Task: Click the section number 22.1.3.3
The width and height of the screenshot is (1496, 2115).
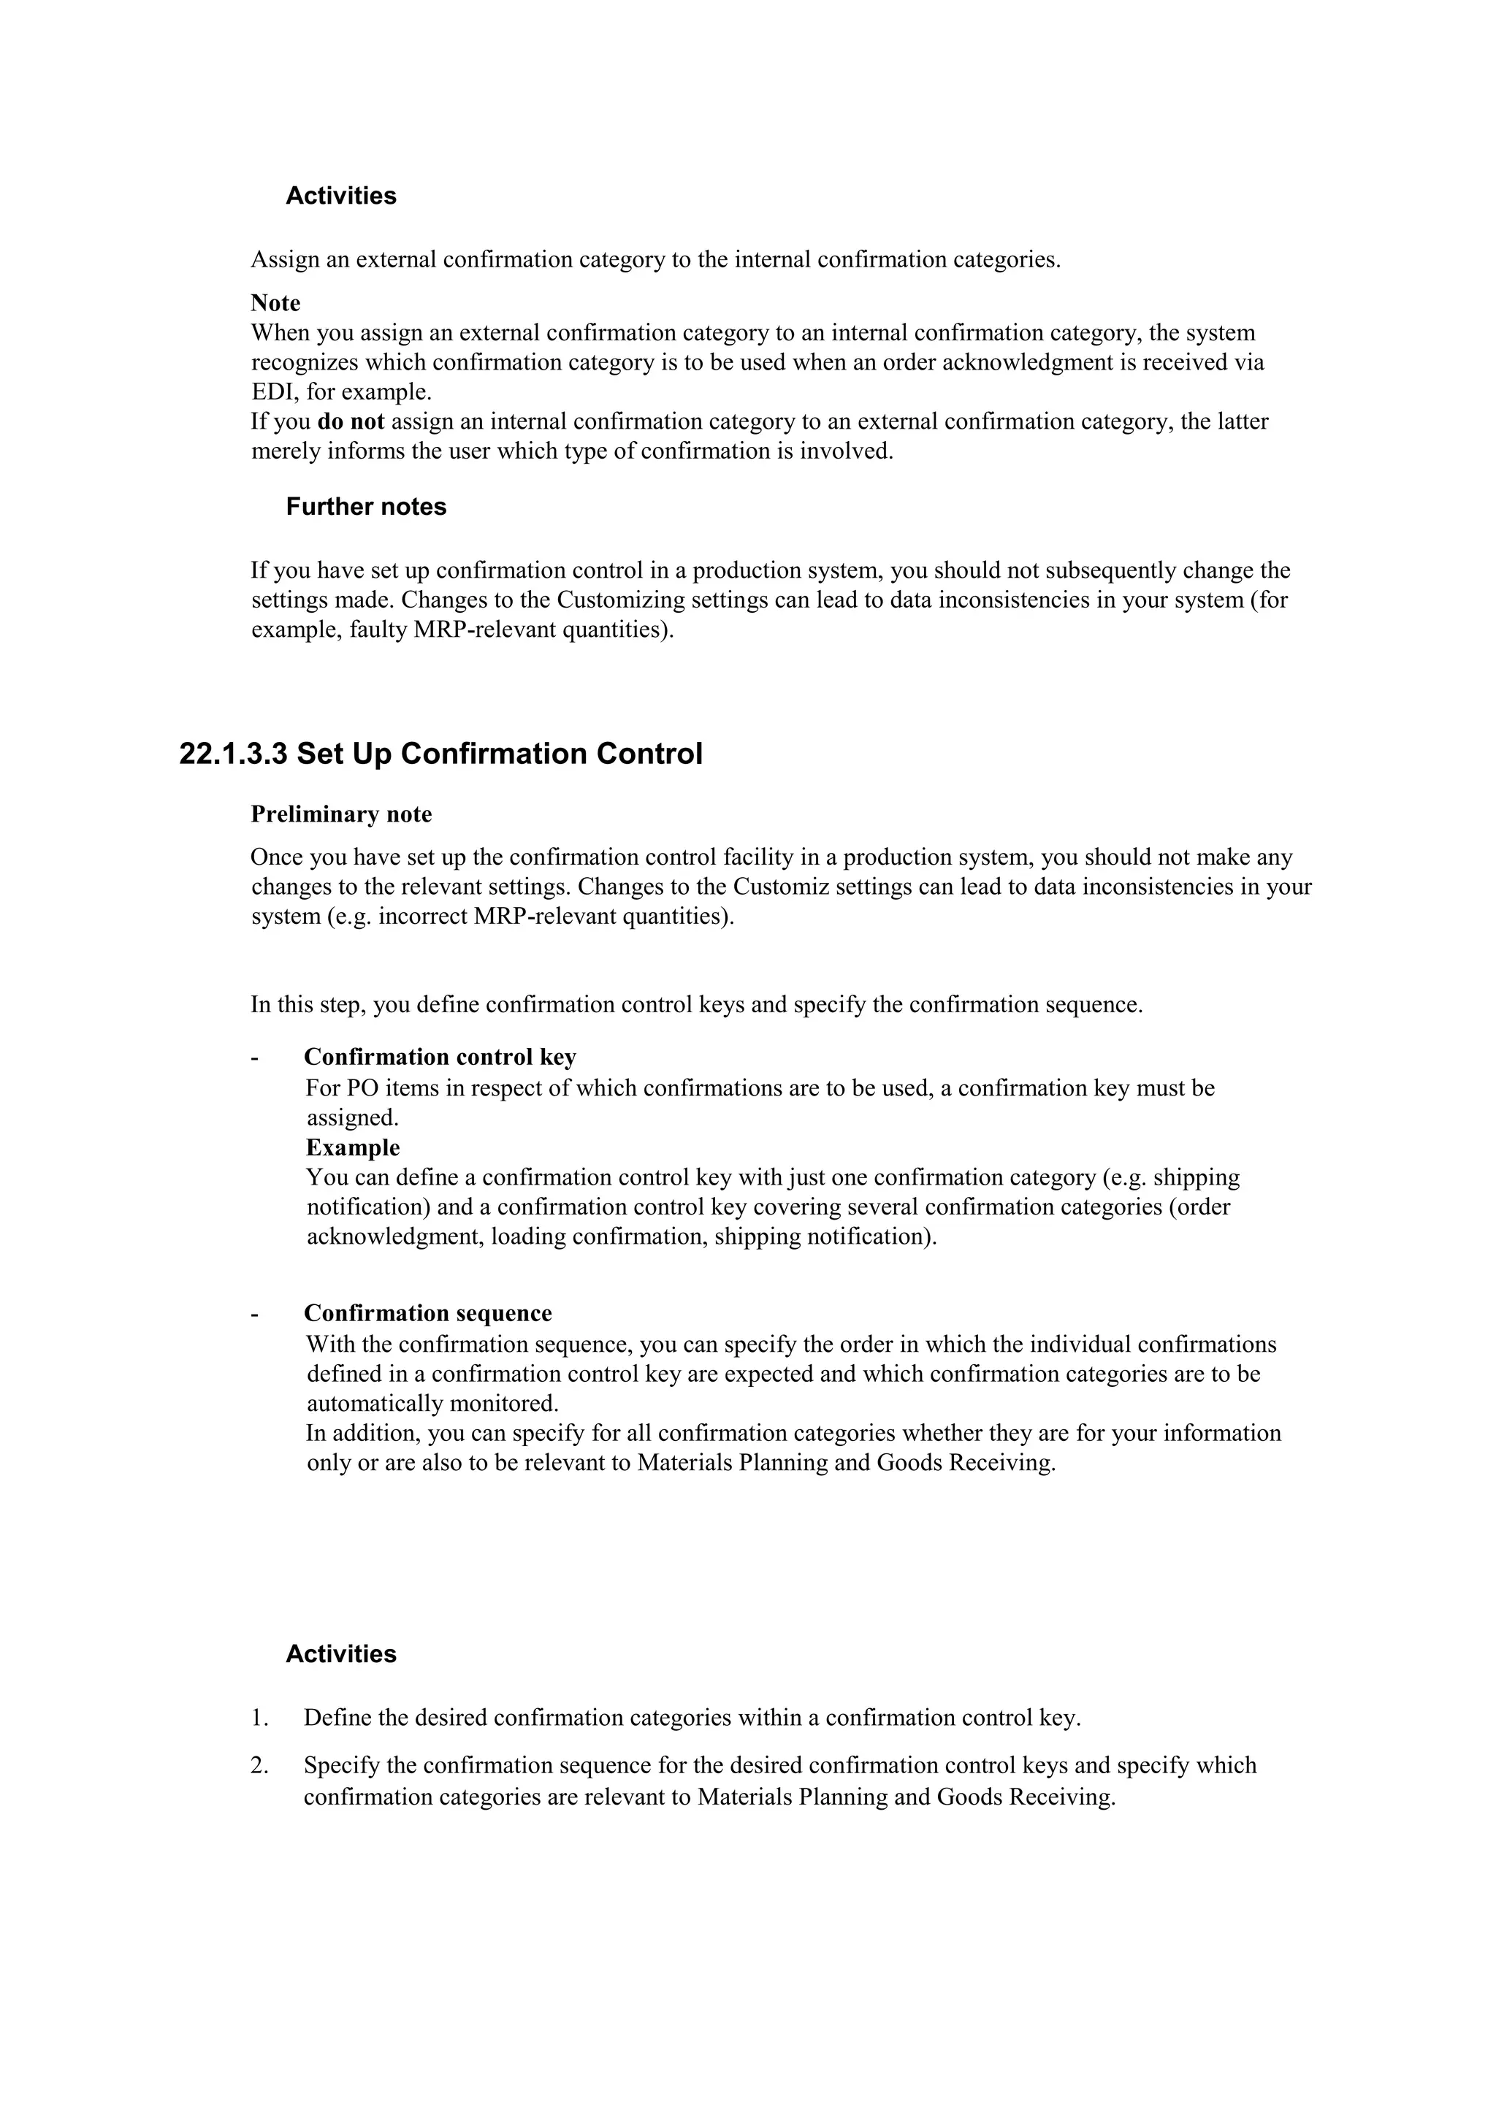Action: [x=233, y=754]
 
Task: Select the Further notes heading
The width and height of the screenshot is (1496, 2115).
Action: [x=366, y=507]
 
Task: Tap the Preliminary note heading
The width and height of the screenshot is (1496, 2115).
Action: [x=341, y=814]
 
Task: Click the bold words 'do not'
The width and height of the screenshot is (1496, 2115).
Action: [x=350, y=422]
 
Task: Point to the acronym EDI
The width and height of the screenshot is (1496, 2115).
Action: [x=272, y=392]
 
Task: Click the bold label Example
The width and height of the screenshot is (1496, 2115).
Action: [x=353, y=1148]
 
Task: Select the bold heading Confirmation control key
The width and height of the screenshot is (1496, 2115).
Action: [x=440, y=1057]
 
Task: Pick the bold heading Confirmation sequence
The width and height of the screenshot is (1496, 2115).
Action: [x=427, y=1314]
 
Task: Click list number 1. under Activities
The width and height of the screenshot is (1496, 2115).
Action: [x=259, y=1718]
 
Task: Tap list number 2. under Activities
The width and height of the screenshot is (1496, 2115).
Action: [x=259, y=1766]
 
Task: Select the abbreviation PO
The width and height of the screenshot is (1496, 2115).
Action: [x=363, y=1089]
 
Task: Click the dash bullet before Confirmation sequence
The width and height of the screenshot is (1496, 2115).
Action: [x=254, y=1314]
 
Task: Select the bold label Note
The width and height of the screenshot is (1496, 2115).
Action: [x=275, y=303]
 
